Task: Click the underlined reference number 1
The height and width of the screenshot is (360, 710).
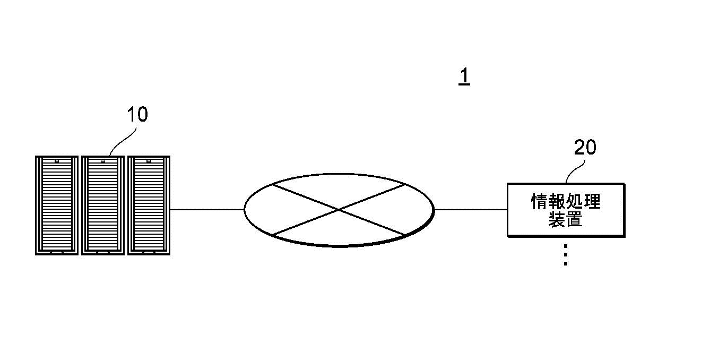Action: point(464,76)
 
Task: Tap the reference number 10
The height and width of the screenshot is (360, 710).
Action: point(137,114)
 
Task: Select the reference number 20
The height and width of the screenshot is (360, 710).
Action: point(585,147)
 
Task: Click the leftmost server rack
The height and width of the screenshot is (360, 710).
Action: point(57,205)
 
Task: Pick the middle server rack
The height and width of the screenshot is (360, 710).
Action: point(103,205)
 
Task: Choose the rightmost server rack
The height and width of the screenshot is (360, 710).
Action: point(149,205)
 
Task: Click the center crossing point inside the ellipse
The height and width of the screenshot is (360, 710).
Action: point(339,210)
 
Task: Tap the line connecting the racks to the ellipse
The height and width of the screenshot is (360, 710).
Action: point(207,210)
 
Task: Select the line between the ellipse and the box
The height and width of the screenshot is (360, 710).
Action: point(471,210)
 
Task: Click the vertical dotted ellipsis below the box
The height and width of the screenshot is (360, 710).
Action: point(566,255)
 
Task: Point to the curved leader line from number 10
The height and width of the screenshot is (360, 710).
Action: point(123,142)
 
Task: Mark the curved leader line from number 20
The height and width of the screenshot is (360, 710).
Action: point(575,172)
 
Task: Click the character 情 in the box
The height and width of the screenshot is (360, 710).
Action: point(540,201)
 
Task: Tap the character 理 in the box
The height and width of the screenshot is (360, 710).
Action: point(592,201)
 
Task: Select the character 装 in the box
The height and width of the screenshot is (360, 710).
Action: point(557,219)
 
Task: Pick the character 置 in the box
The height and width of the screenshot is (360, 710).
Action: point(574,219)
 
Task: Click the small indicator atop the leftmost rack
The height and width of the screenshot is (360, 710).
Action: point(57,161)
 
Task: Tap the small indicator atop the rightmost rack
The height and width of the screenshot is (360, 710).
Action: point(149,161)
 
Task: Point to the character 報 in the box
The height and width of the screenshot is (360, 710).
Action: point(557,201)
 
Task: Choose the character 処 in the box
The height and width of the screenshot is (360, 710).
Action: point(575,201)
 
